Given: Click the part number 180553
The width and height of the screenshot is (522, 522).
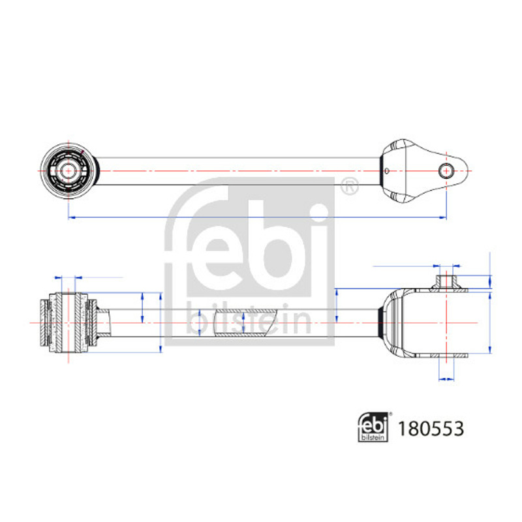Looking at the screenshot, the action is click(431, 429).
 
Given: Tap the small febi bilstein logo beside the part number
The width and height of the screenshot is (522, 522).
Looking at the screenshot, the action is click(373, 427).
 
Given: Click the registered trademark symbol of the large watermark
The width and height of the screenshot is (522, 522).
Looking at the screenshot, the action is click(350, 186).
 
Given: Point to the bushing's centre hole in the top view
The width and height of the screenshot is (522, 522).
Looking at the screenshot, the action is click(69, 171).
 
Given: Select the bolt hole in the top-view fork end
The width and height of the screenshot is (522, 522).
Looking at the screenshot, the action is click(446, 171).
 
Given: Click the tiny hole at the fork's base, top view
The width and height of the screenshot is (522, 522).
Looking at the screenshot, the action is click(386, 171).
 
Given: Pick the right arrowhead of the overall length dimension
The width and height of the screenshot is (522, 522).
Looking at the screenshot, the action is click(443, 217).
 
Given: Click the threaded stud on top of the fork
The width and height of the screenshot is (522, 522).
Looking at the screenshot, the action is click(446, 282).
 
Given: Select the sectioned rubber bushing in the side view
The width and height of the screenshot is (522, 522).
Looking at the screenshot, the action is click(69, 322).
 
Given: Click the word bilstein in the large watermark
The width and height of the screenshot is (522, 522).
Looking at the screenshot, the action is click(249, 318).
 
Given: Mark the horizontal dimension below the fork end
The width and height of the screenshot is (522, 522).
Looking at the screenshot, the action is click(446, 379).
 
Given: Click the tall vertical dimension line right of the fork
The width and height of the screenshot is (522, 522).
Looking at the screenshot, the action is click(490, 322).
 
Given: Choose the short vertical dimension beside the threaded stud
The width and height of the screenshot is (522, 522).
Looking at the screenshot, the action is click(490, 282).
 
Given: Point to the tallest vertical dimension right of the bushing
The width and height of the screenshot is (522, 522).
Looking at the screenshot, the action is click(161, 322).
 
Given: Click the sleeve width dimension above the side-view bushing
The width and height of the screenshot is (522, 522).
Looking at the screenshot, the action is click(69, 277).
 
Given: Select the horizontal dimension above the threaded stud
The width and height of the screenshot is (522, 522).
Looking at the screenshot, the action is click(446, 266).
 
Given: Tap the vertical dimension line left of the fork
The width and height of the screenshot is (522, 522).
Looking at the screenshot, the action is click(337, 305).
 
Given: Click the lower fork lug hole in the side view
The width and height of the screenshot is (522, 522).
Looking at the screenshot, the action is click(446, 356).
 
